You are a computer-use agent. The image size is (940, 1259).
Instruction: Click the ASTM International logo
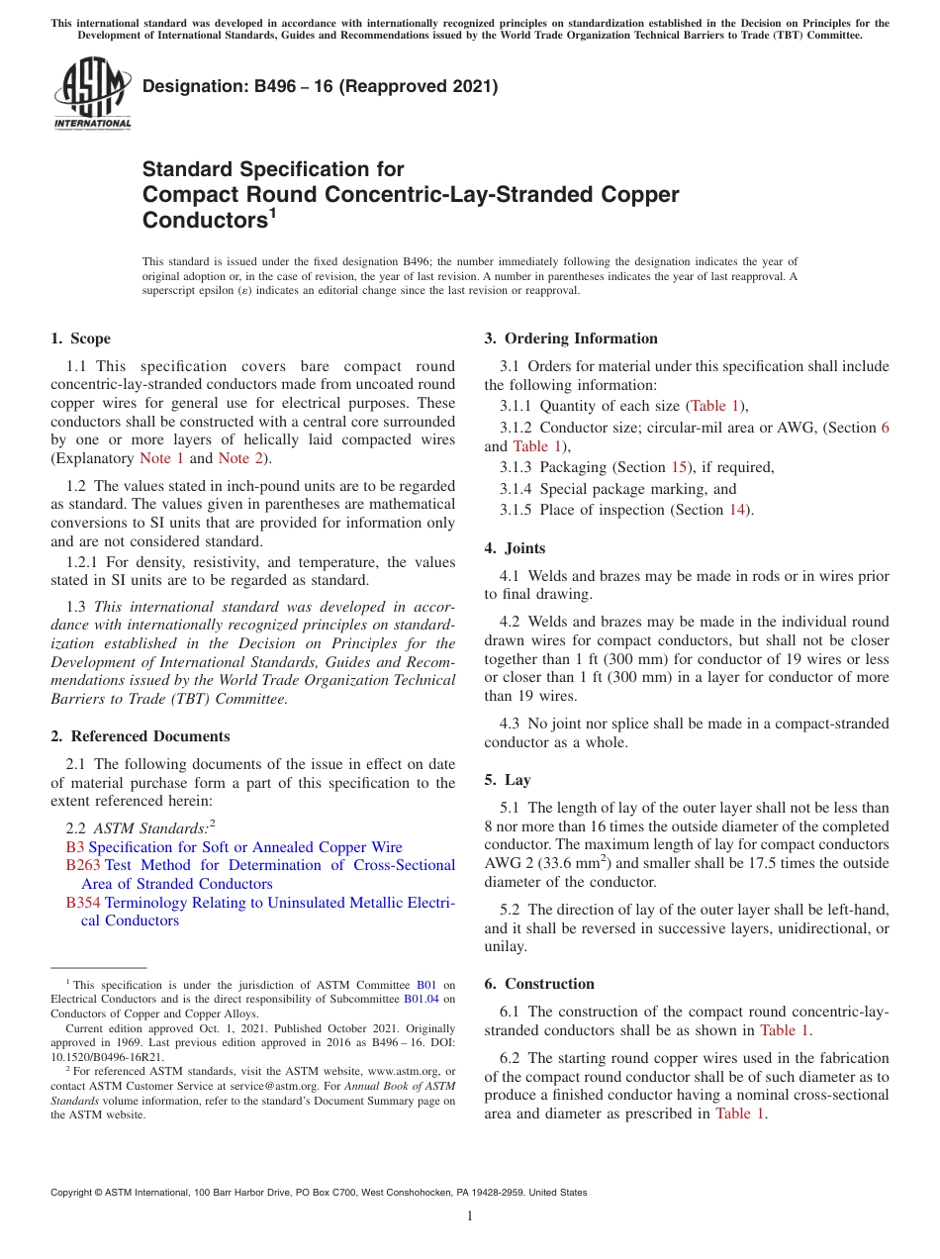[91, 93]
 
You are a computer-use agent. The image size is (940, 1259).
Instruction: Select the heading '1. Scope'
[80, 339]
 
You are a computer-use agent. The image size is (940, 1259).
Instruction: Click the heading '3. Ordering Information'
[570, 339]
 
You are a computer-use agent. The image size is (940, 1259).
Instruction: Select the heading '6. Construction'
[539, 984]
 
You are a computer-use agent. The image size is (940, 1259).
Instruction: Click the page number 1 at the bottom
[470, 1215]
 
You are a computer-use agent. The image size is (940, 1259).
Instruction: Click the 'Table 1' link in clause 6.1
[784, 1030]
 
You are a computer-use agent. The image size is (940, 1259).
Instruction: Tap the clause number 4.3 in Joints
[511, 724]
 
